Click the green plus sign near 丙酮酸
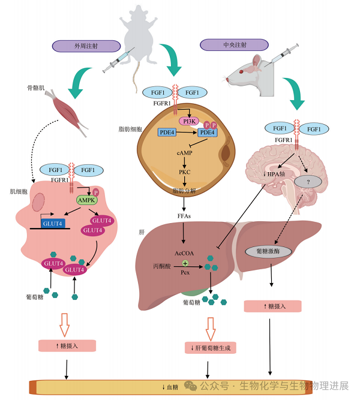[x=185, y=263]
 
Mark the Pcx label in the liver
[x=185, y=273]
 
